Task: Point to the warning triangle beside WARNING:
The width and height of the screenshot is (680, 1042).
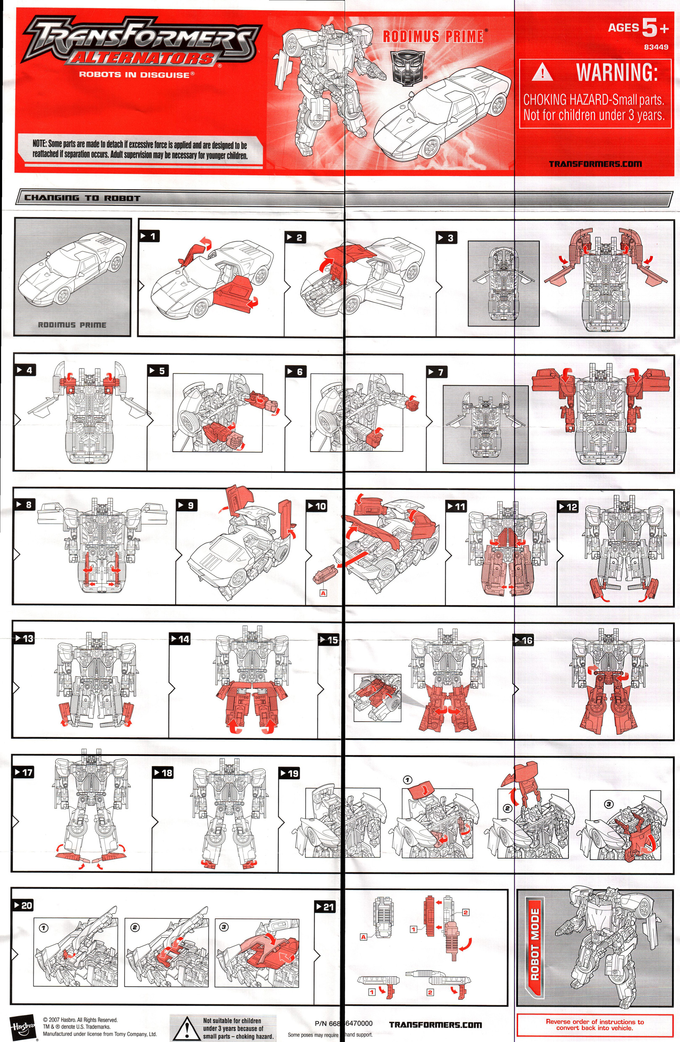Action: point(542,72)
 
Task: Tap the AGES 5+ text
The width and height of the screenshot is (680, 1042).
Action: point(638,27)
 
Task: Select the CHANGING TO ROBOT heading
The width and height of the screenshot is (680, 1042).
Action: point(82,198)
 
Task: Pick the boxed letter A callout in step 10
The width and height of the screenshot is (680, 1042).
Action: point(323,593)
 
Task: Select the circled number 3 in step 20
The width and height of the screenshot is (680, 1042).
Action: point(224,927)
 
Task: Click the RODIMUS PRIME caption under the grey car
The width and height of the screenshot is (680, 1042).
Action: point(72,325)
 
